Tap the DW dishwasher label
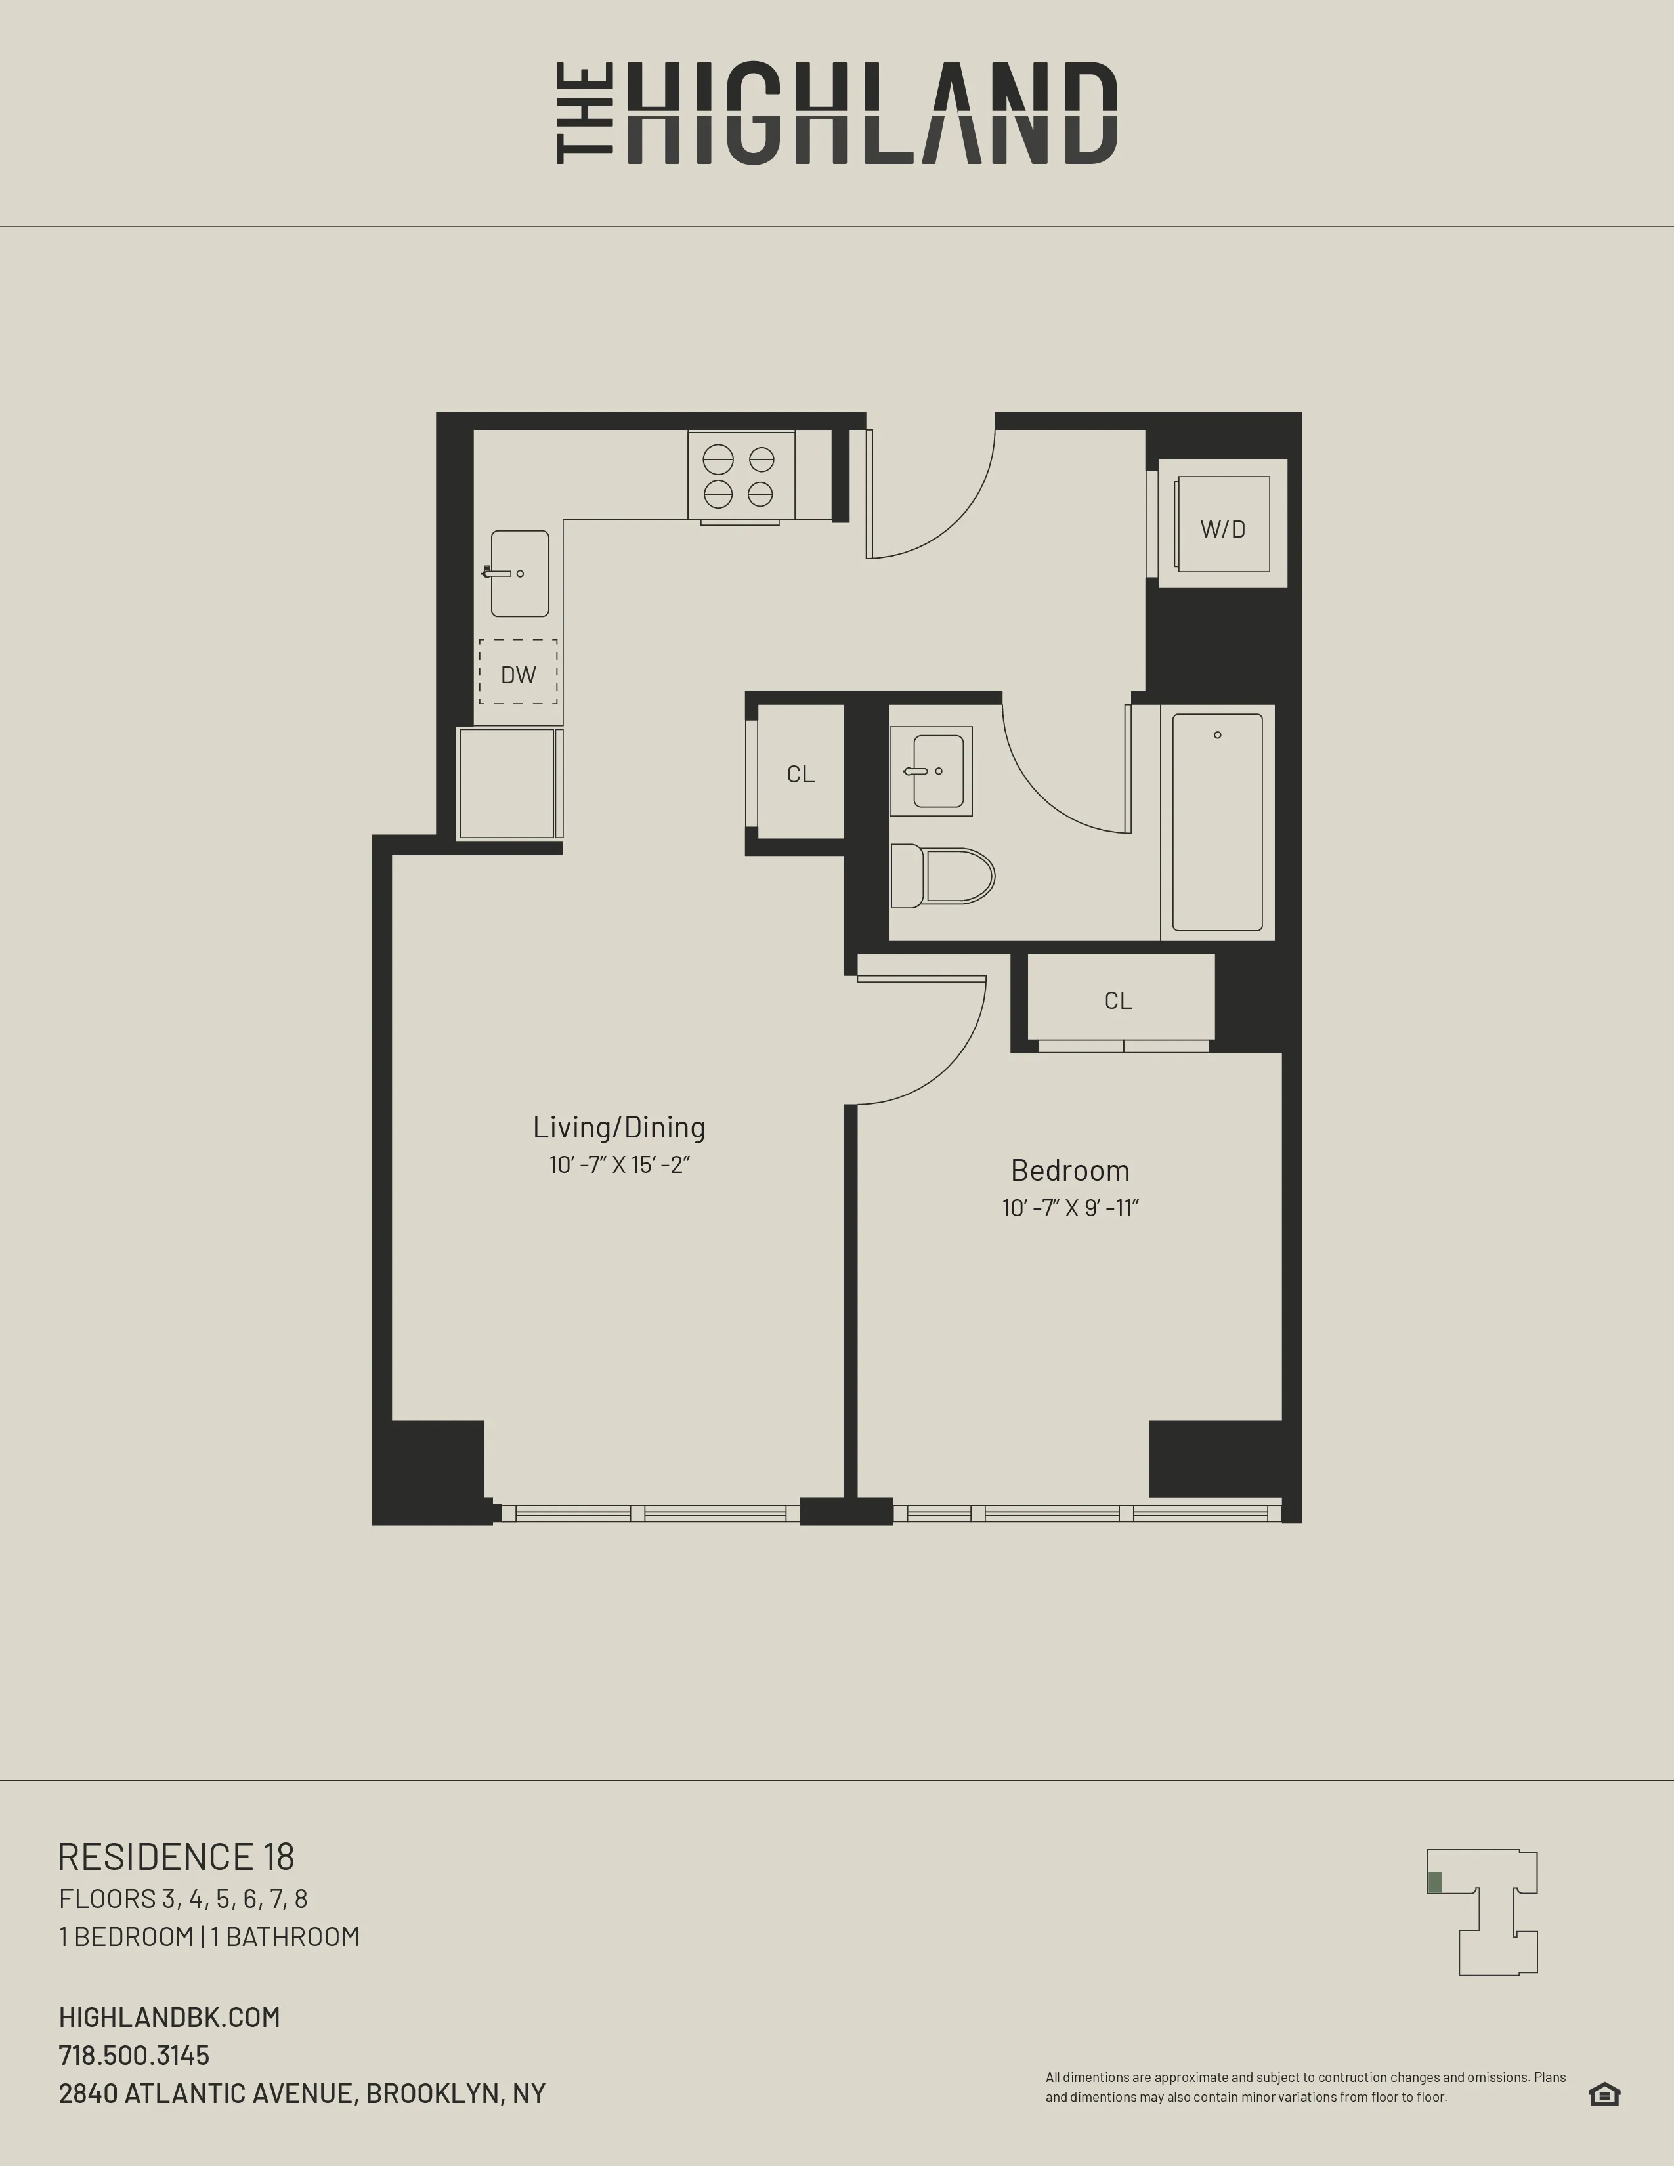[518, 674]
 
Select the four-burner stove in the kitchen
[740, 475]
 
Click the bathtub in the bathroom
[1217, 822]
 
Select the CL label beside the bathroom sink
[800, 774]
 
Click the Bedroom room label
[1070, 1170]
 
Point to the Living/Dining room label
[619, 1126]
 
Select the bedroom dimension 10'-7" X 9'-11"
[1070, 1208]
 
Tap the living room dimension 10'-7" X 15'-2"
[619, 1164]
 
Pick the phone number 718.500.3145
[134, 2055]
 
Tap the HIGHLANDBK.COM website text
[169, 2017]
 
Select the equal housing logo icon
[1604, 2094]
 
